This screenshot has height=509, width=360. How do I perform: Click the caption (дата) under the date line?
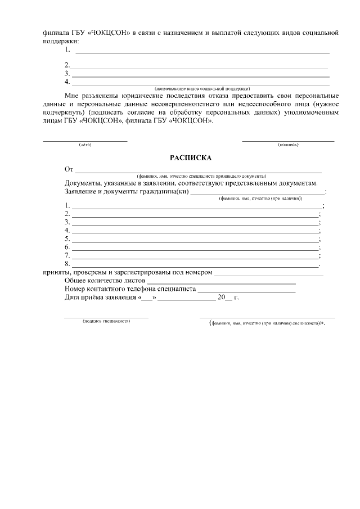tap(85, 145)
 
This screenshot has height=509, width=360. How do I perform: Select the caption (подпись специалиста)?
tap(106, 321)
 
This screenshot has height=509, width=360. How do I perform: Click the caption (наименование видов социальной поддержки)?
tap(202, 88)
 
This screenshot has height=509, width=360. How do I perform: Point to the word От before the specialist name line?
tap(69, 169)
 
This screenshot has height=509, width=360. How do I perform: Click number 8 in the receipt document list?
tap(67, 263)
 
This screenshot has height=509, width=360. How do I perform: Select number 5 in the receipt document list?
tap(67, 238)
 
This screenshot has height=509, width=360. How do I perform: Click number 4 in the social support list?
tap(67, 82)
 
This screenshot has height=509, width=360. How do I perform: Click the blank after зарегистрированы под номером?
tap(269, 273)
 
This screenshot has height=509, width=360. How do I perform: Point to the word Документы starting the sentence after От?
tap(83, 183)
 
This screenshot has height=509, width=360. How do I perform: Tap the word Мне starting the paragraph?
tap(72, 96)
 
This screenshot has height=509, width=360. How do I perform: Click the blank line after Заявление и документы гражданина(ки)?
tap(258, 191)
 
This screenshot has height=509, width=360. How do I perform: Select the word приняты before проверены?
tap(56, 273)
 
